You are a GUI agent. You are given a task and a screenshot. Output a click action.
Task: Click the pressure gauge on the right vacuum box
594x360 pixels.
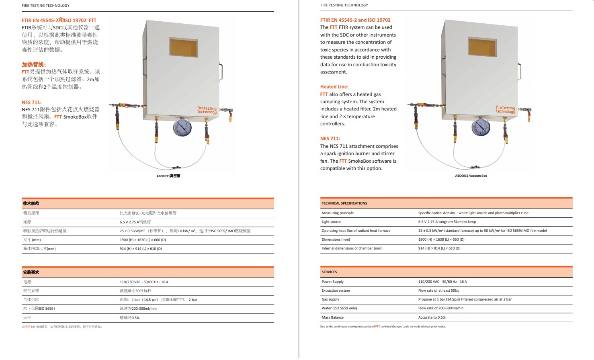[481, 127]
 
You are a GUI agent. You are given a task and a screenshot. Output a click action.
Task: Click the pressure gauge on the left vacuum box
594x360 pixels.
[182, 127]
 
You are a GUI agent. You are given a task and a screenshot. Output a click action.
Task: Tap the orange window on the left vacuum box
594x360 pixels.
[184, 48]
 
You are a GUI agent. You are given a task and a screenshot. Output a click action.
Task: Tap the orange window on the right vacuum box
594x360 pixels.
[482, 47]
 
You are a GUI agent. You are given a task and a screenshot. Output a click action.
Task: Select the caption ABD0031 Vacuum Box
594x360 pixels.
[471, 176]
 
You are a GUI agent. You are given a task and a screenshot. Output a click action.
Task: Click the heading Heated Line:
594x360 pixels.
[334, 87]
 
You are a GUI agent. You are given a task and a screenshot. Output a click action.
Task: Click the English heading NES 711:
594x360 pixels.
[330, 139]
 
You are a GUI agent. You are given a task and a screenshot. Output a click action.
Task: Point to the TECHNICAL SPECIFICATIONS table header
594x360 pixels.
[344, 203]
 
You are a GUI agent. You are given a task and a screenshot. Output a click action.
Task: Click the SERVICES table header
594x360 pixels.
[329, 272]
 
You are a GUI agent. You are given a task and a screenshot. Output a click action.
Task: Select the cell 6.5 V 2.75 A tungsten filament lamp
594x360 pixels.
[447, 222]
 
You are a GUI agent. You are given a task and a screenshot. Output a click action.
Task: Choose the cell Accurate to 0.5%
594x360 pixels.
[432, 317]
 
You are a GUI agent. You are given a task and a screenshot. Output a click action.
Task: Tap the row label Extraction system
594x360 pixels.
[336, 290]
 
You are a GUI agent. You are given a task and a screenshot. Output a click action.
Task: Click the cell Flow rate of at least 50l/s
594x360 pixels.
[438, 290]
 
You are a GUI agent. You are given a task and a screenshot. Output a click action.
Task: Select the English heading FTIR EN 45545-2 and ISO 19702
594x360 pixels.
[355, 20]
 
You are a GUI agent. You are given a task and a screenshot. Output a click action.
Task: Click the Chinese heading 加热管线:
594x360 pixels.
[34, 64]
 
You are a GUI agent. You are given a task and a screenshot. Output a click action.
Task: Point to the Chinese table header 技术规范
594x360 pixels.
[31, 203]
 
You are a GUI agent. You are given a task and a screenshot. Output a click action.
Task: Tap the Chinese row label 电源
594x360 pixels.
[27, 282]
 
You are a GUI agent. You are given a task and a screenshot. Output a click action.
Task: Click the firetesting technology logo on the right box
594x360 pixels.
[505, 110]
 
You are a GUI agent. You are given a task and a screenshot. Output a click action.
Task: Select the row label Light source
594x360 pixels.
[331, 222]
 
